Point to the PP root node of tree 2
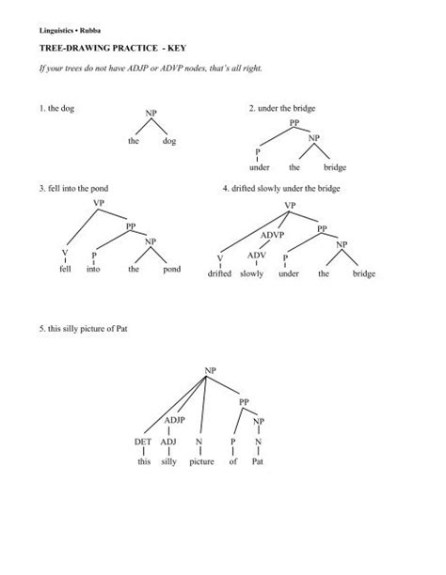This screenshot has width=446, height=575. click(x=295, y=123)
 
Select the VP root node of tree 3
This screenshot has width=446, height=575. click(x=99, y=202)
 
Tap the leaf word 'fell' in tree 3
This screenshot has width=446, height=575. click(x=65, y=269)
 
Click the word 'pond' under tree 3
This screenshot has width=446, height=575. click(x=171, y=269)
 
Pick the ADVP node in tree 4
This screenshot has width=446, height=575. click(x=273, y=234)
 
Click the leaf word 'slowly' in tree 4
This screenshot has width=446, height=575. click(x=251, y=273)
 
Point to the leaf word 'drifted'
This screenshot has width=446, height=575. click(x=220, y=273)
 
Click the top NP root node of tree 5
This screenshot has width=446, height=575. click(x=211, y=373)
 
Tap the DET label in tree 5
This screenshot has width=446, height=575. click(x=143, y=441)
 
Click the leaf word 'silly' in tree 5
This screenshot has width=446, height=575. click(x=169, y=462)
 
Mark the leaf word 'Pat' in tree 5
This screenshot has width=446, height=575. click(x=258, y=462)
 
